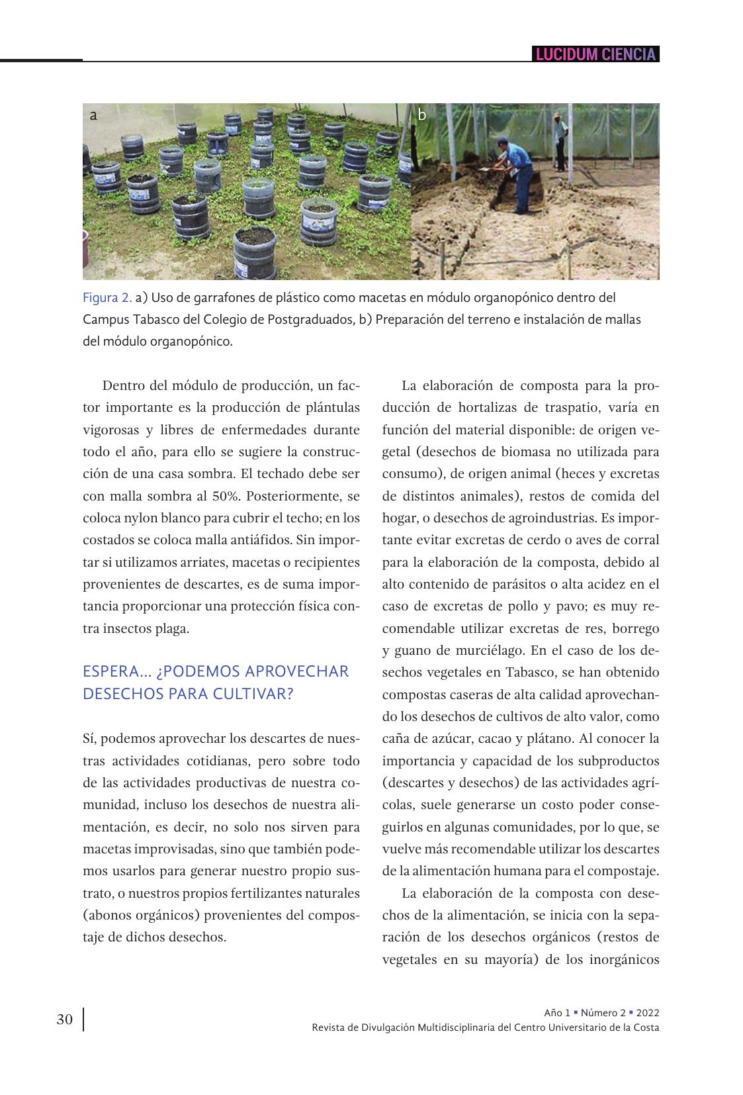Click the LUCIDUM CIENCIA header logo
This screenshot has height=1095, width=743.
point(595,54)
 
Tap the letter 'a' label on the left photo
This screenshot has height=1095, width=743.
point(93,115)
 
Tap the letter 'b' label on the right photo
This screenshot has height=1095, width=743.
point(422,115)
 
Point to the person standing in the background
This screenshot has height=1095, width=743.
point(560,142)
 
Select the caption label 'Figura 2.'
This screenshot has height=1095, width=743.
point(107,297)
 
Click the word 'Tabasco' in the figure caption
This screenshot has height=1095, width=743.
point(159,320)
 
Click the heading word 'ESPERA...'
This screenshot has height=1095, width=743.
point(116,671)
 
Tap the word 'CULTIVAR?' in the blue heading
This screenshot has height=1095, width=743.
point(256,694)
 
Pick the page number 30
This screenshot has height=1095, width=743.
point(65,1020)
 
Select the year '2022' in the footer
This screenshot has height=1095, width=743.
point(648,1013)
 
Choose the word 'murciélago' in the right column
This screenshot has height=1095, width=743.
point(488,650)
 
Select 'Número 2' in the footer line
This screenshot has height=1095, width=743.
point(603,1013)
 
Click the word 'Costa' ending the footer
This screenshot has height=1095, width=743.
point(646,1027)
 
